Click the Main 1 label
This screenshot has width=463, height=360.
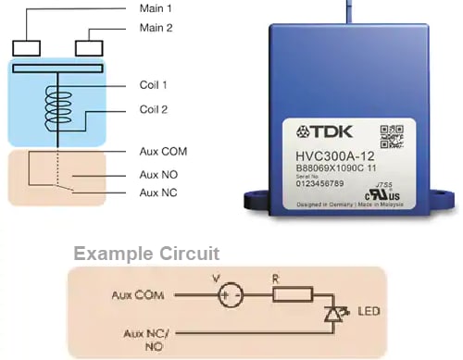pos(156,7)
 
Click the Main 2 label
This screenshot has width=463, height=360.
pos(156,28)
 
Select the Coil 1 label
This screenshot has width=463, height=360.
pos(154,85)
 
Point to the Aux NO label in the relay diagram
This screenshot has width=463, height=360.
pos(158,174)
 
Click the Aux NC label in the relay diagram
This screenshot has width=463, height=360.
pos(158,192)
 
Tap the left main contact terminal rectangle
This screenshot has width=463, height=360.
pos(24,47)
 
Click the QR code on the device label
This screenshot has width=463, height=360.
pos(392,135)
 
